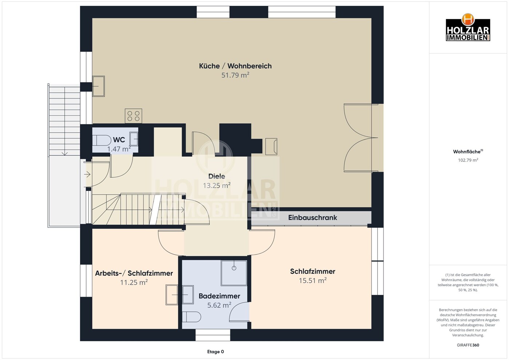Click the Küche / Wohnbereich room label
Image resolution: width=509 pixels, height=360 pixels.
tap(235, 66)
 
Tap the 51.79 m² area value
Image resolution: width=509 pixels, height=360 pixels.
tap(235, 75)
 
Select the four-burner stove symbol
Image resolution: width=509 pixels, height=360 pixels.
tap(134, 116)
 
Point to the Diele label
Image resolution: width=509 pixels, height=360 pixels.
tap(216, 176)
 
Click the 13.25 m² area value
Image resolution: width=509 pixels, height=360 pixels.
tap(216, 185)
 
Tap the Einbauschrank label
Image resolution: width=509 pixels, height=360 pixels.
tap(313, 217)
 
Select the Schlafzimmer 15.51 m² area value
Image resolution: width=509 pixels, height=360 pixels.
tap(313, 280)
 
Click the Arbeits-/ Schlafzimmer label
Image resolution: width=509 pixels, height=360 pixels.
tap(134, 273)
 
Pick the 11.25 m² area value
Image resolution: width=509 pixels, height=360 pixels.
tap(134, 282)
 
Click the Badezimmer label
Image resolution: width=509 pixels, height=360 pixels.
tap(219, 296)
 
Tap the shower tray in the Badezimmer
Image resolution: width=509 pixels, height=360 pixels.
tap(234, 273)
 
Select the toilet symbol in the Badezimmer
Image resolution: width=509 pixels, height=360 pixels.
tap(191, 317)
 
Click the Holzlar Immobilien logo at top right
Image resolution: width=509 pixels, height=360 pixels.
tap(468, 27)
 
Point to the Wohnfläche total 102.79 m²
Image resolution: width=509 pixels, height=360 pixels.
tap(468, 160)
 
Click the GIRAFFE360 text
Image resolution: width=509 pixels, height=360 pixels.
tap(468, 345)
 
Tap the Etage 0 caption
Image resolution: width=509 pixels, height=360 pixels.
tap(215, 352)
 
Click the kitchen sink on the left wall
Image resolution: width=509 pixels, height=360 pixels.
tap(98, 86)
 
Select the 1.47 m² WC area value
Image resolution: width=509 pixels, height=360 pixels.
tap(119, 149)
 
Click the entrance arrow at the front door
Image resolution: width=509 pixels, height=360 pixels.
tap(87, 175)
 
